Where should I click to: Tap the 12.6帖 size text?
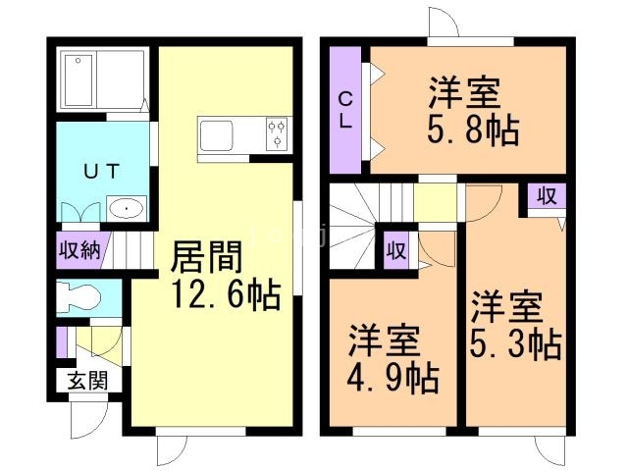tap(224, 292)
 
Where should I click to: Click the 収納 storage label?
tap(78, 249)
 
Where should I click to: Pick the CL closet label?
tap(346, 111)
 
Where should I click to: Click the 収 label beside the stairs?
tap(395, 249)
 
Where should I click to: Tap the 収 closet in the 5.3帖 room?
tap(546, 196)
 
